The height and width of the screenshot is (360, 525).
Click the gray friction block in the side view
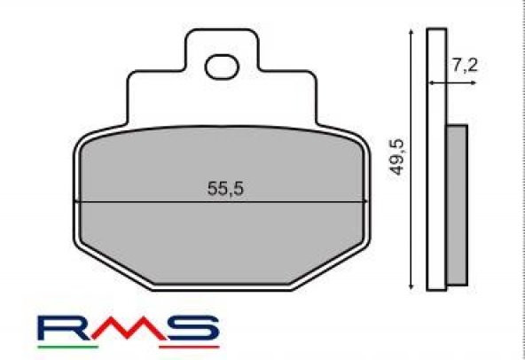coord(455,204)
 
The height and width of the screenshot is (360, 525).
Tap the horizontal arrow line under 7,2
coord(449,82)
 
